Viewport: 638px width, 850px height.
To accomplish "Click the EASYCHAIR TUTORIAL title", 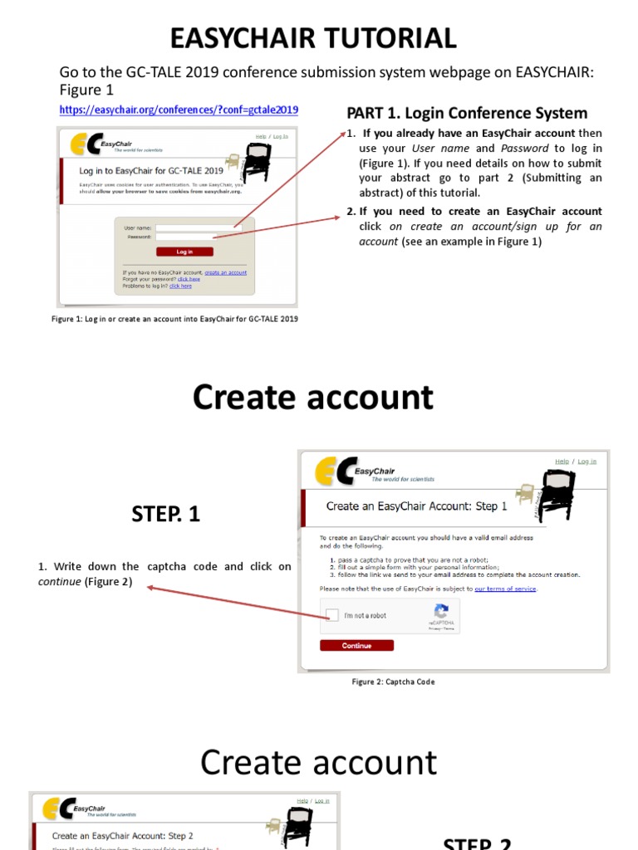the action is [313, 38].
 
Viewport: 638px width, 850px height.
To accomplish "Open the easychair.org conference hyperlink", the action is [179, 110].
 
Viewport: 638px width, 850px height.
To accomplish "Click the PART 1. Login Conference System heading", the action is [467, 113].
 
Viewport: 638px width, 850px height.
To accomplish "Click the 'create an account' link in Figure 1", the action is [226, 272].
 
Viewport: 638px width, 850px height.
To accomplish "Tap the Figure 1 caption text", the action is [174, 319].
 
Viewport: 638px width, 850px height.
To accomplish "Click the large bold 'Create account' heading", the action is [313, 398].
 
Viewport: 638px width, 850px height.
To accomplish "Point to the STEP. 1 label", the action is [165, 515].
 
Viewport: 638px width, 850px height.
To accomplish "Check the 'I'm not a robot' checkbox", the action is [332, 616].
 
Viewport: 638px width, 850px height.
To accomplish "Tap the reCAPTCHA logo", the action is [441, 610].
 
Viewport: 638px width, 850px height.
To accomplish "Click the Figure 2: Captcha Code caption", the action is [393, 682].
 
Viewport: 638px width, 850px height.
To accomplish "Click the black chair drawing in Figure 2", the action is [555, 496].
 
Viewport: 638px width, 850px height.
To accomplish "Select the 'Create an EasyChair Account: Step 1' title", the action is [412, 506].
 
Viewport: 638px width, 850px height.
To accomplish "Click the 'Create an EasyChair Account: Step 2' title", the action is [123, 836].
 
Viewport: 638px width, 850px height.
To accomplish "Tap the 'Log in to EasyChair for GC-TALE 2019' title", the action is [145, 171].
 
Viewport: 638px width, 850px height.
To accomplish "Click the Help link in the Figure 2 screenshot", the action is [562, 462].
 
